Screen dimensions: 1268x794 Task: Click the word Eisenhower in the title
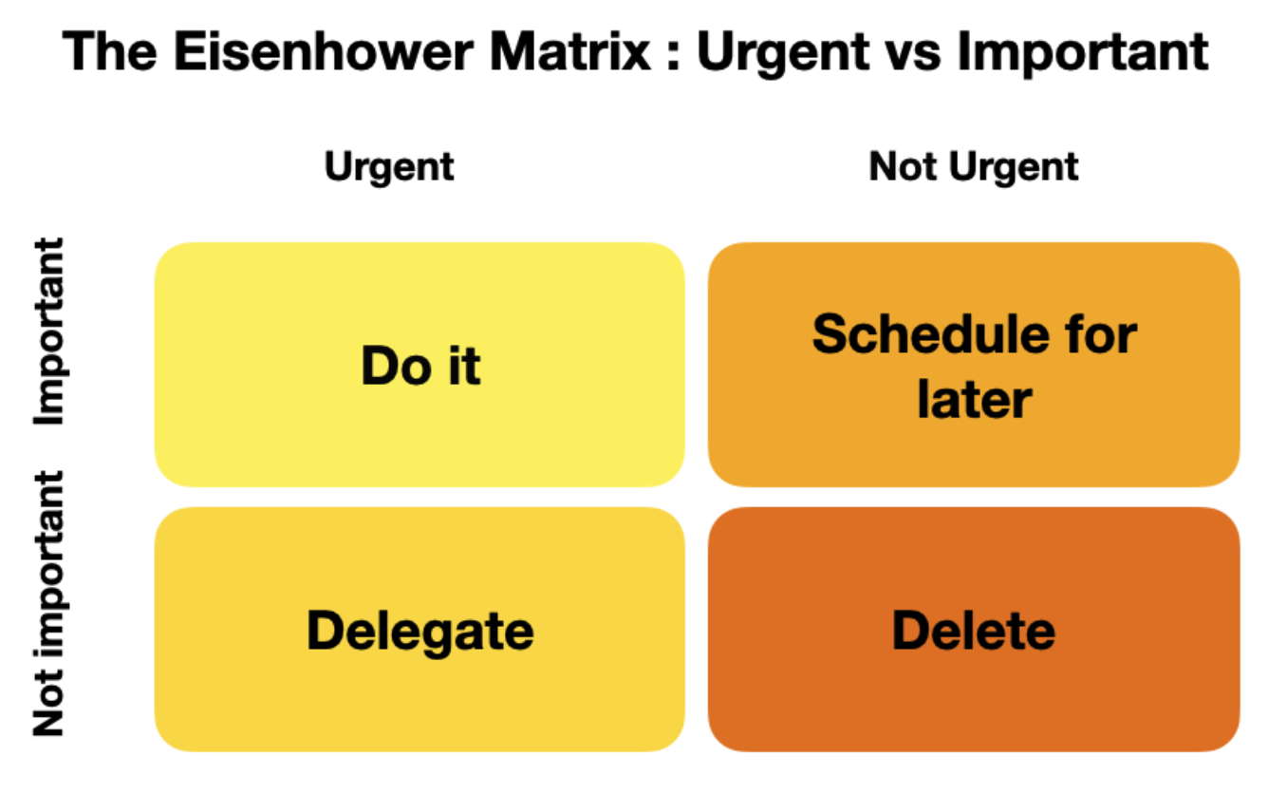pyautogui.click(x=324, y=51)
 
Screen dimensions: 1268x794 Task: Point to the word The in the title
pyautogui.click(x=109, y=51)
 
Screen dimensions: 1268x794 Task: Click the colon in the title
pyautogui.click(x=673, y=55)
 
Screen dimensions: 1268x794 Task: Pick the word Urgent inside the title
pyautogui.click(x=783, y=54)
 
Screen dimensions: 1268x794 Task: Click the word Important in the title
pyautogui.click(x=1082, y=54)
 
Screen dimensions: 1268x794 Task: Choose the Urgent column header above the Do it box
pyautogui.click(x=389, y=167)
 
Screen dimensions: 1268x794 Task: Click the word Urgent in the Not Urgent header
pyautogui.click(x=1014, y=168)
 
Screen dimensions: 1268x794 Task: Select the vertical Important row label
pyautogui.click(x=49, y=331)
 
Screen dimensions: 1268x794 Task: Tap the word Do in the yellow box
pyautogui.click(x=397, y=366)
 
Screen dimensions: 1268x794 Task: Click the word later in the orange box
pyautogui.click(x=975, y=399)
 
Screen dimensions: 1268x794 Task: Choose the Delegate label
pyautogui.click(x=420, y=632)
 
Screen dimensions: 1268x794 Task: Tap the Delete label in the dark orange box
pyautogui.click(x=974, y=630)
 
